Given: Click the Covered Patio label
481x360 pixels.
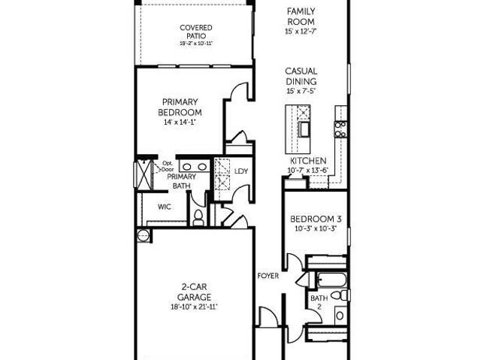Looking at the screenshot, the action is pos(195,32).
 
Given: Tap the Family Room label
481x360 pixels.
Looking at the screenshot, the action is pos(301,17).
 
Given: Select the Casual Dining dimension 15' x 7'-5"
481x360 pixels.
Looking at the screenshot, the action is pos(301,91).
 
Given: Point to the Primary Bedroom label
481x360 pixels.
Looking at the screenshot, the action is pos(180,107).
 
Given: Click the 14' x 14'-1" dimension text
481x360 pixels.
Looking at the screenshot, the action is pos(180,122).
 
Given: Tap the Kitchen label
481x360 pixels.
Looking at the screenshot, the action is pos(308,161).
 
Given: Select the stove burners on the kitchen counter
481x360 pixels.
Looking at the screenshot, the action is pos(340,129).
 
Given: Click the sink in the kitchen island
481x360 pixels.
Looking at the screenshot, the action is pos(304,129).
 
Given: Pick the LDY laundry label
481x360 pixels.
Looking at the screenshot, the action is pos(241,171).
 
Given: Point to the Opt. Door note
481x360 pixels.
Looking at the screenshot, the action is pos(168,166).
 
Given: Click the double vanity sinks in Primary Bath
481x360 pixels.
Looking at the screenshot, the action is pos(195,167).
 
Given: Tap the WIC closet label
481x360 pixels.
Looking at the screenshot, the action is pos(165,207).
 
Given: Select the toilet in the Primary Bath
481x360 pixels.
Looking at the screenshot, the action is pos(198,217).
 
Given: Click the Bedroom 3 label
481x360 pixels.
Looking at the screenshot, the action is pos(316,219).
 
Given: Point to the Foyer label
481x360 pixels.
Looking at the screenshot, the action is pos(268,276).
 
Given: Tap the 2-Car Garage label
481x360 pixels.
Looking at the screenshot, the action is pos(194,292).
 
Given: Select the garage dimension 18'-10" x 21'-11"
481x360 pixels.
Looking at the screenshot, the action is pos(194,307).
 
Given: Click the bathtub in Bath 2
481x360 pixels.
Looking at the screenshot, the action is pos(332,280).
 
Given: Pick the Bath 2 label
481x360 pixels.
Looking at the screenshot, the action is pos(319,302).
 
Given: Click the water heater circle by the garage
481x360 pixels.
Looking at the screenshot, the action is pos(143,235).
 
